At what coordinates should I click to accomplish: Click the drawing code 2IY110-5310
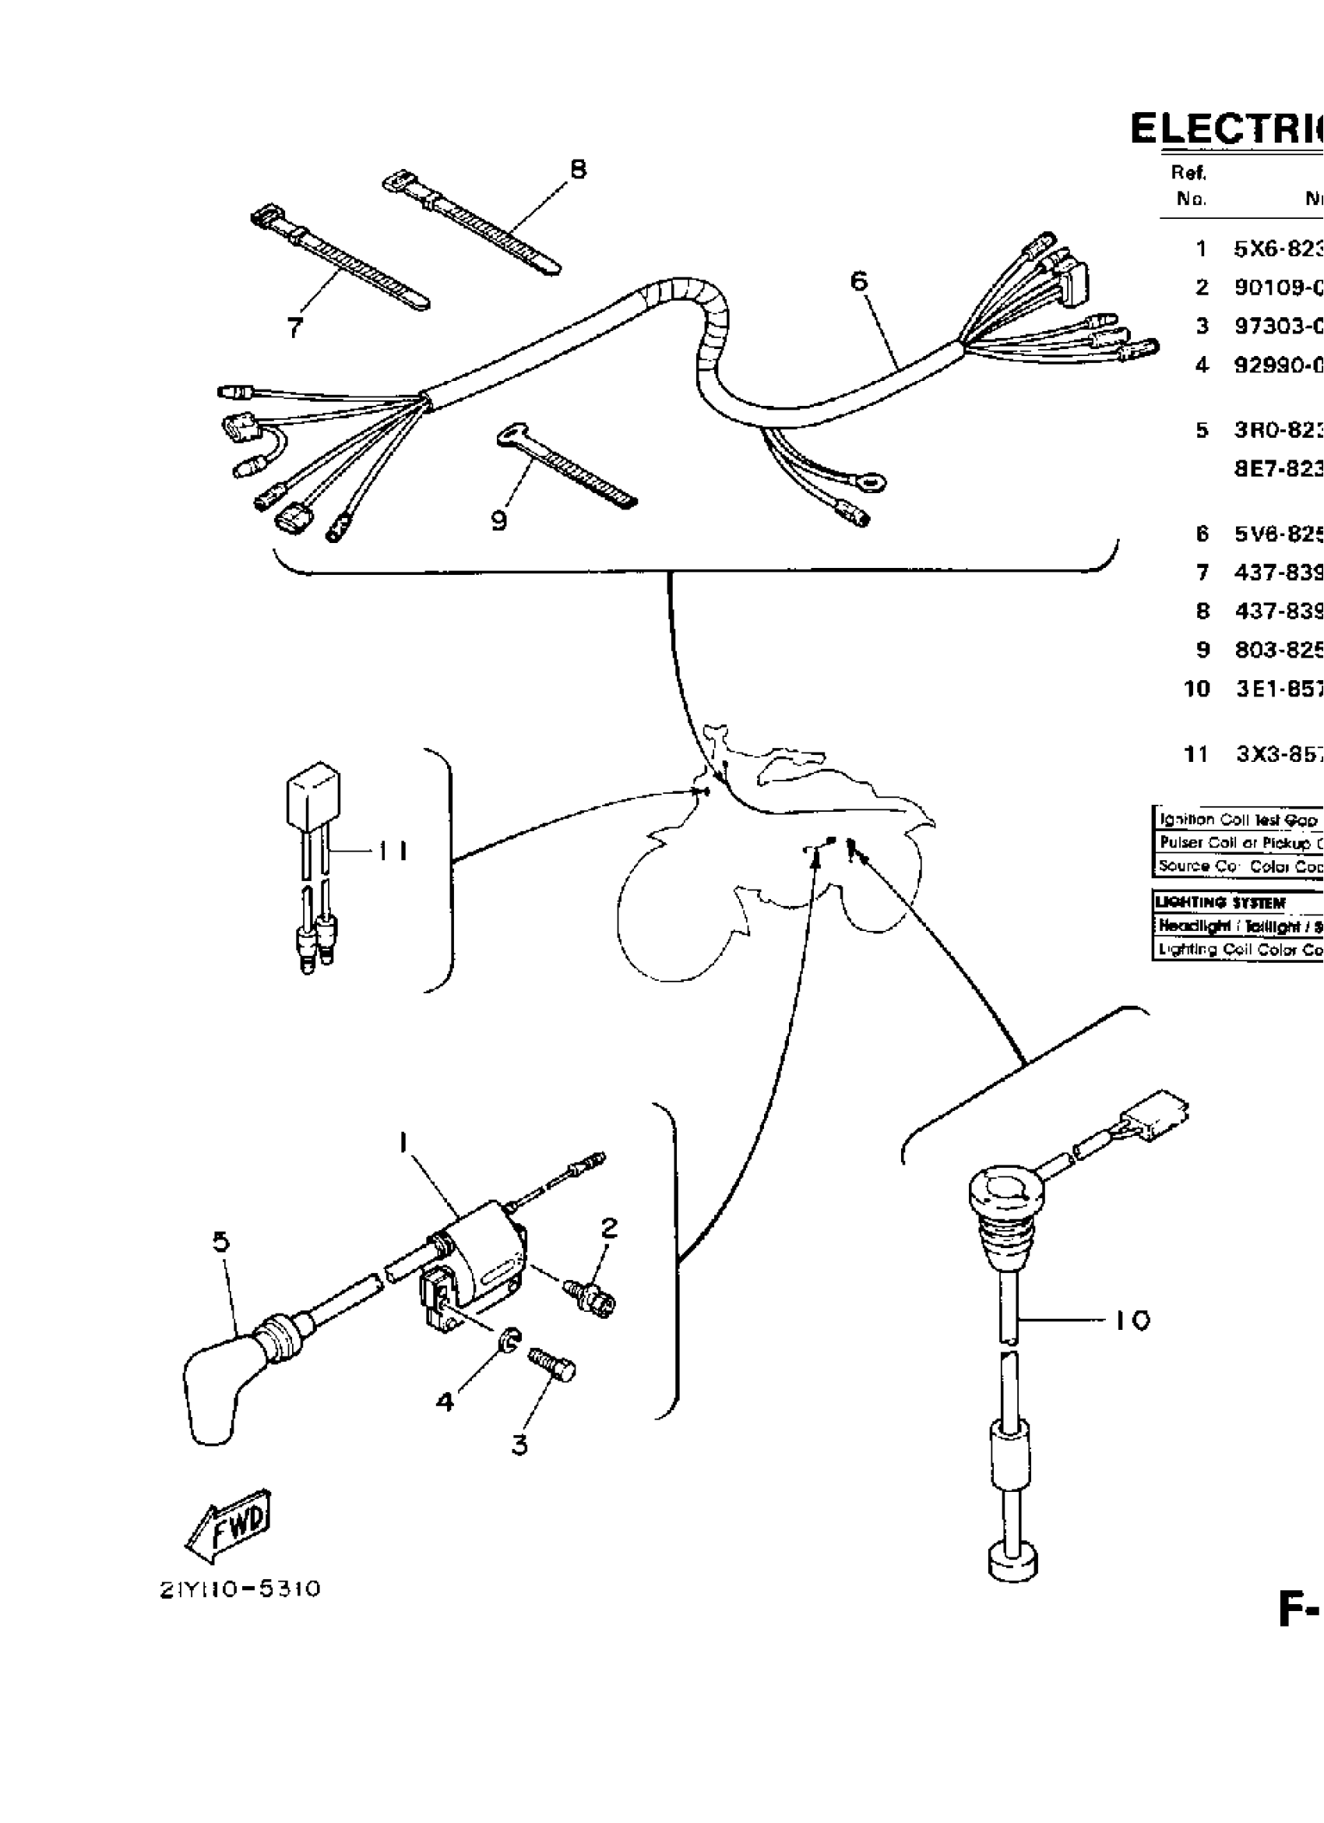[x=240, y=1589]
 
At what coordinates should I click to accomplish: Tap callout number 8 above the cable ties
[x=578, y=170]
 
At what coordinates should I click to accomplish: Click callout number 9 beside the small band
[x=499, y=522]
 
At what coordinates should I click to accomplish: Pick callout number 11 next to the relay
[x=393, y=851]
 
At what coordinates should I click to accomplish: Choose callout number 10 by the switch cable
[x=1132, y=1320]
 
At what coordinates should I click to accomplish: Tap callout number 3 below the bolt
[x=519, y=1444]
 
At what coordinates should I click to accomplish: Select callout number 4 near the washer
[x=445, y=1401]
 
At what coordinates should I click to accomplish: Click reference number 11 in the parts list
[x=1196, y=755]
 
